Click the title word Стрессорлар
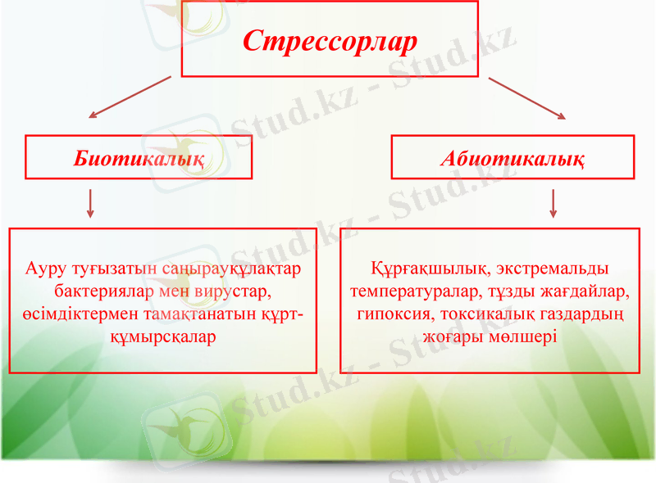coord(330,41)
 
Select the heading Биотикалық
coord(139,158)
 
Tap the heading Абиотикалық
coord(512,158)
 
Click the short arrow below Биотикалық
coord(90,203)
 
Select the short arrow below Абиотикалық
coord(553,203)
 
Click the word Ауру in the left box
coord(46,269)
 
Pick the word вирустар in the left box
coord(238,291)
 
